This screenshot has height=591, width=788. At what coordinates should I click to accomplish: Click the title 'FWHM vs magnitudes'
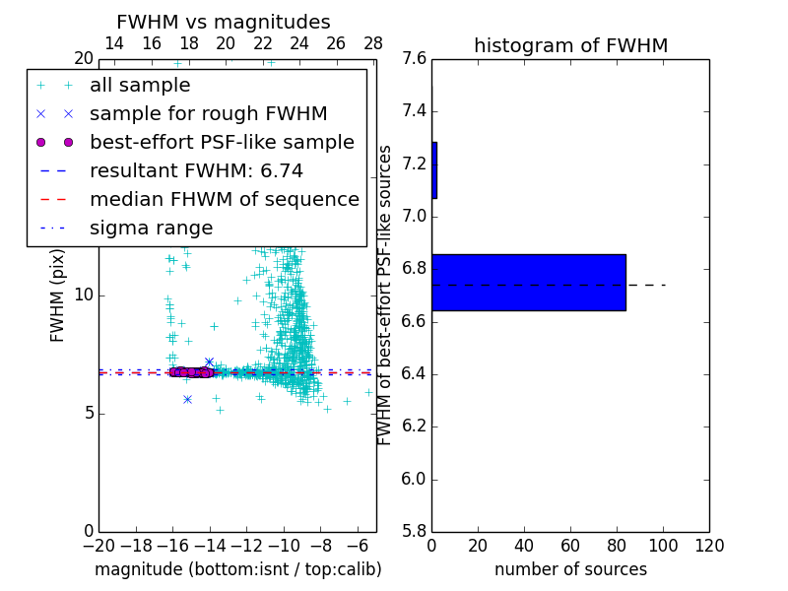[x=224, y=23]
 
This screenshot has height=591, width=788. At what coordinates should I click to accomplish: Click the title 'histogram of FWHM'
[x=570, y=45]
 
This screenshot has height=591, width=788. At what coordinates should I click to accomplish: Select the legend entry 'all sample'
[x=140, y=86]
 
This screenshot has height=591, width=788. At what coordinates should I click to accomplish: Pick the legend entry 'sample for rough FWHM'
[x=208, y=113]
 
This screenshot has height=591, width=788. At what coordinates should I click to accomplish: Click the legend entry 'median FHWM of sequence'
[x=224, y=199]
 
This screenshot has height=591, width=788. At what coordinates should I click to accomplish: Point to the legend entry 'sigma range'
[x=151, y=228]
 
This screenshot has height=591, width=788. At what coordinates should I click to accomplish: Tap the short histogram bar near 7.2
[x=434, y=170]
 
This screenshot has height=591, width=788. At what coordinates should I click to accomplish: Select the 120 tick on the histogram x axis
[x=709, y=546]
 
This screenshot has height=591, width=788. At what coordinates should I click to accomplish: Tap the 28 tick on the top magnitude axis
[x=373, y=43]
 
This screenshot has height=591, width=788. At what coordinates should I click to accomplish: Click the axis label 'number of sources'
[x=570, y=569]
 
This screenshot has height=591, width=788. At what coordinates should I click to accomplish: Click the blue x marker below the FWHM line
[x=187, y=399]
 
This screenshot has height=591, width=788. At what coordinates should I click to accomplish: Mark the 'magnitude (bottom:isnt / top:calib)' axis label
[x=237, y=569]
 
